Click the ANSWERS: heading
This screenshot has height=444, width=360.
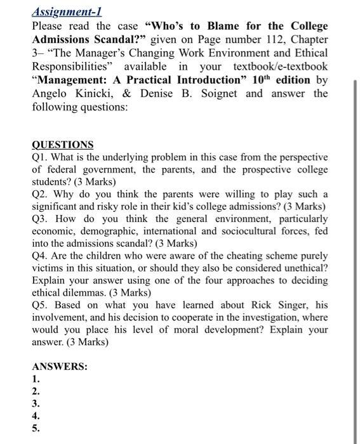coord(60,367)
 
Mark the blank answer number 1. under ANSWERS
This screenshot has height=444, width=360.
coord(36,379)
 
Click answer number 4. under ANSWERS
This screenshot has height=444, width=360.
coord(36,416)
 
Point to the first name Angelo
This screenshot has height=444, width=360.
coord(51,94)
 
